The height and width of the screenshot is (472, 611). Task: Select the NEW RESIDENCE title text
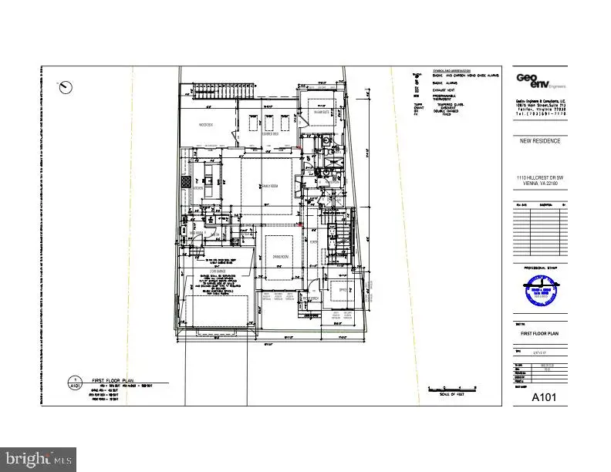point(540,141)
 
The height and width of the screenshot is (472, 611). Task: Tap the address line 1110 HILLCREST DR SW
point(540,177)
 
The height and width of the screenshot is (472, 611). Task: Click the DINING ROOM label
point(278,257)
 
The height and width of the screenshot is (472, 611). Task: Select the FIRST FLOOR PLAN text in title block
point(539,334)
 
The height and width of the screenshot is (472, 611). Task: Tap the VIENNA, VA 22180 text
point(540,184)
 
